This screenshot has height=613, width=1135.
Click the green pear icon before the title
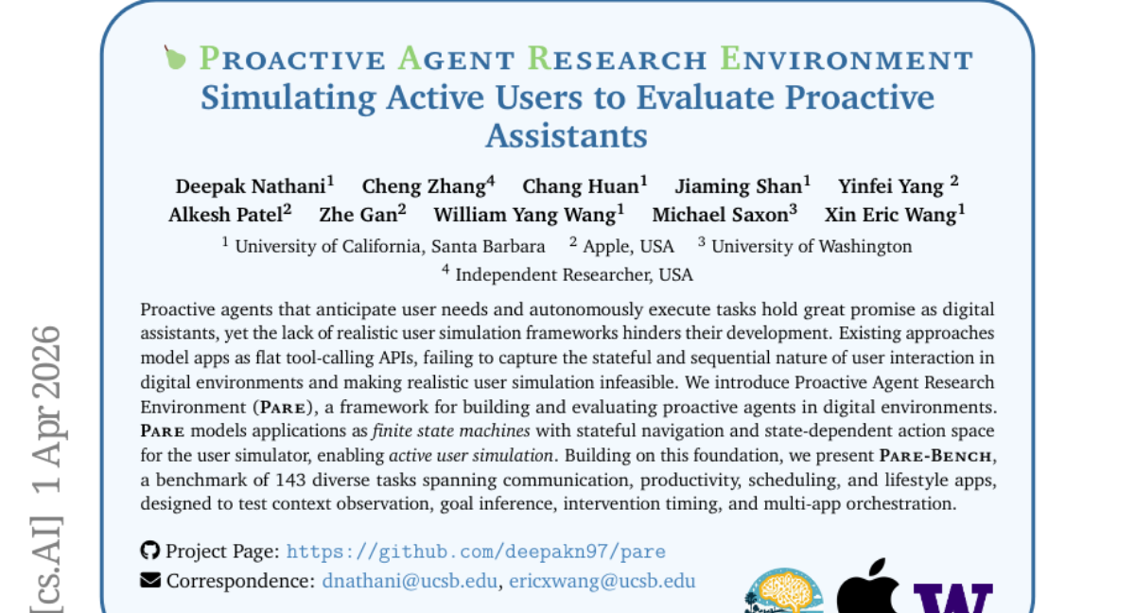175,58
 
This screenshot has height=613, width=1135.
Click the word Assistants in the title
567,136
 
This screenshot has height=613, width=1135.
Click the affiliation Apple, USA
628,247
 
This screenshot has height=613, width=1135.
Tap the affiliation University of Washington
812,247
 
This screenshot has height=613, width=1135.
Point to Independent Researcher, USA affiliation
574,275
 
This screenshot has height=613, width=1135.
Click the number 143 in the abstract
291,480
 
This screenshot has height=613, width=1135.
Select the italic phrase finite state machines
451,431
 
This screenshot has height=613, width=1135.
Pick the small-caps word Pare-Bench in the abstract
935,455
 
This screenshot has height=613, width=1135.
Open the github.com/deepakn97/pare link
476,552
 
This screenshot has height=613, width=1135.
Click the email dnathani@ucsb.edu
410,581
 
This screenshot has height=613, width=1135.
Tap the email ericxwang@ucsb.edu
602,581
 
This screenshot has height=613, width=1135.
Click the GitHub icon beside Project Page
150,551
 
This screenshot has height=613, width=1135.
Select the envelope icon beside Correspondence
150,580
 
